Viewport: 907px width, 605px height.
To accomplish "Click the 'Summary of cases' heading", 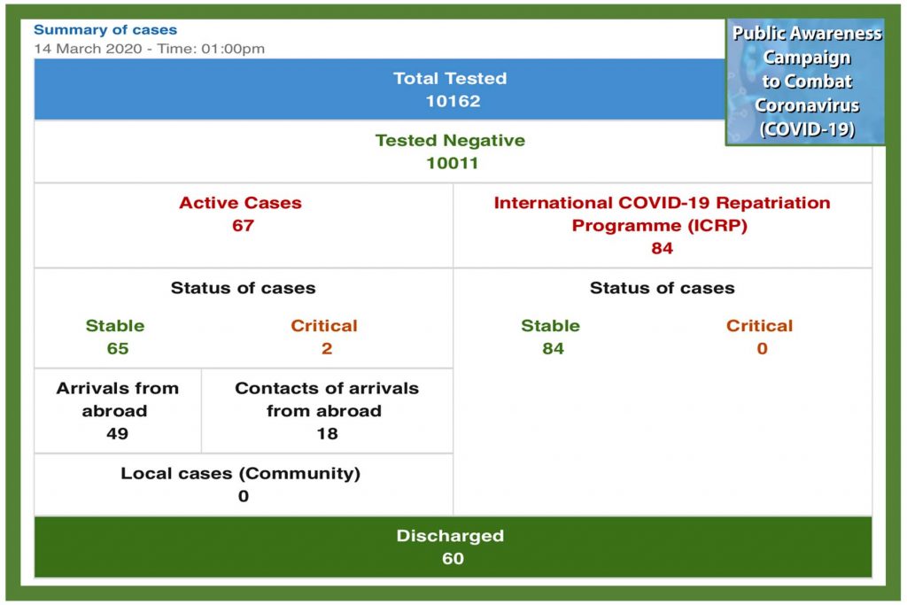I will (x=105, y=30).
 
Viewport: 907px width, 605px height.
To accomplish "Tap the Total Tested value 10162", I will (x=452, y=101).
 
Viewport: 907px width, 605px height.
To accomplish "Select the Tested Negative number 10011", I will (x=452, y=163).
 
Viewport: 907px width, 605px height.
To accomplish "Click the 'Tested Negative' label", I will (x=450, y=140).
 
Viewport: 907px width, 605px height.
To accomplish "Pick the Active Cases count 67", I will (x=243, y=225).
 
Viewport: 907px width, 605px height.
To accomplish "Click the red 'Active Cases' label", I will (x=240, y=203).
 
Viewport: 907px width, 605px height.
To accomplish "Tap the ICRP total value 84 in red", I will (x=662, y=248).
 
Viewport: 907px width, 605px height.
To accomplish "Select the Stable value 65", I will (x=117, y=348).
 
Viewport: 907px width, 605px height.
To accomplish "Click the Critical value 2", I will (x=326, y=348).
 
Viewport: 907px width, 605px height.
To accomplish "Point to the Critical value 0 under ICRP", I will (x=761, y=348).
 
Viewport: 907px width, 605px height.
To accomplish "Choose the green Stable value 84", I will (x=553, y=348).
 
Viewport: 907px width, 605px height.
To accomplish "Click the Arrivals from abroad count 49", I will (x=117, y=433).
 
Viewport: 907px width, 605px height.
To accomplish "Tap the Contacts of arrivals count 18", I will (x=326, y=433).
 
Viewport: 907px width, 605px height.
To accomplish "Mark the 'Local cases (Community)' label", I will (x=240, y=473).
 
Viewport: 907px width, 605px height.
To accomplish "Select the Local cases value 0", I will (x=243, y=496).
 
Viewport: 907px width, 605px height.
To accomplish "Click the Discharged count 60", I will (x=452, y=558).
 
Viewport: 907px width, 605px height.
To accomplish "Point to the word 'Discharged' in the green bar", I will (x=450, y=536).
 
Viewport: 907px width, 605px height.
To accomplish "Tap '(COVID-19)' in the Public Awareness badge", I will (x=807, y=128).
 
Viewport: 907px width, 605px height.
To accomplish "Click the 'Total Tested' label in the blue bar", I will (x=450, y=78).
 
